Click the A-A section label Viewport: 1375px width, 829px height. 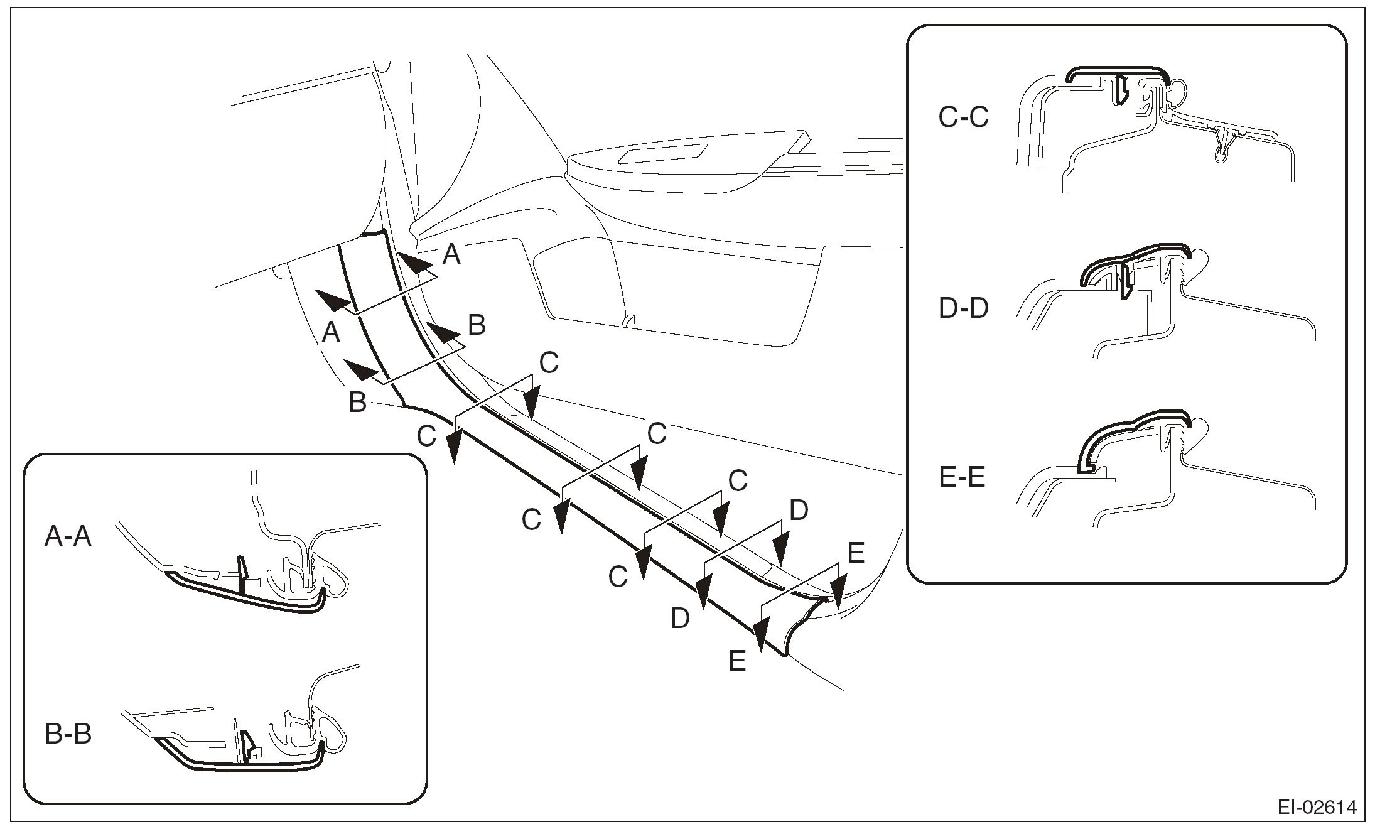tap(68, 538)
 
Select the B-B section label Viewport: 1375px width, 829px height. tap(68, 734)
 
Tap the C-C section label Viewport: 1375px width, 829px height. tap(963, 117)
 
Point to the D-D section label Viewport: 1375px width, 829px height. tap(963, 309)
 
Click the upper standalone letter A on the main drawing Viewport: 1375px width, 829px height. tap(451, 255)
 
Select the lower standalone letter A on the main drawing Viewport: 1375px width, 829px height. tap(331, 333)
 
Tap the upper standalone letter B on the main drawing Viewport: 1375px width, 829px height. tap(477, 326)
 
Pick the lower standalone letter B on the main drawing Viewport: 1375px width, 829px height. tap(357, 403)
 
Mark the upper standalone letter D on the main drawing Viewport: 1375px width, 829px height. tap(799, 511)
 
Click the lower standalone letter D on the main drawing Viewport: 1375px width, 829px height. tap(680, 619)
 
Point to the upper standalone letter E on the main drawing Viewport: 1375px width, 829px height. tap(856, 553)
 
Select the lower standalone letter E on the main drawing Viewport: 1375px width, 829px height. tap(737, 662)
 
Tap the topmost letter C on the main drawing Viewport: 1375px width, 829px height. tap(549, 362)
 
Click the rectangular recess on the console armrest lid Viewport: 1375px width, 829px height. tap(663, 153)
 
